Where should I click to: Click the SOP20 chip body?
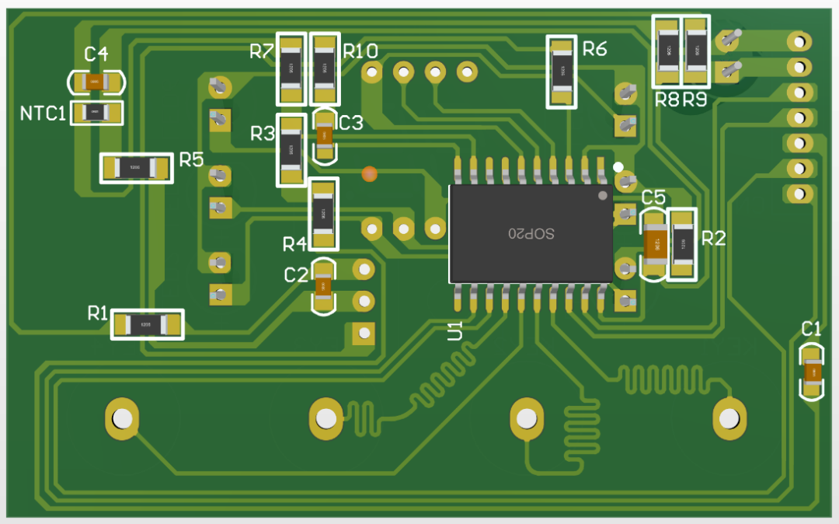[530, 233]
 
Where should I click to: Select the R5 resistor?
[137, 167]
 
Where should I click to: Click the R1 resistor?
[148, 324]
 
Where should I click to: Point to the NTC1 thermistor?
[96, 113]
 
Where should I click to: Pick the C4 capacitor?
[96, 82]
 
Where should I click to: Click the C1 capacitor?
[813, 374]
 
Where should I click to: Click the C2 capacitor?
[322, 287]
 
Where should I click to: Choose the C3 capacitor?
[324, 136]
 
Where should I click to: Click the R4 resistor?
[324, 214]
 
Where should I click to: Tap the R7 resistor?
[292, 69]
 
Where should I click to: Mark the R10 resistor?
[325, 69]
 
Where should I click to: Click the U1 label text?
[455, 330]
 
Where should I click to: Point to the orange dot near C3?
[370, 173]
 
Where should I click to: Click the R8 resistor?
[667, 51]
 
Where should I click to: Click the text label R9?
[695, 100]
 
